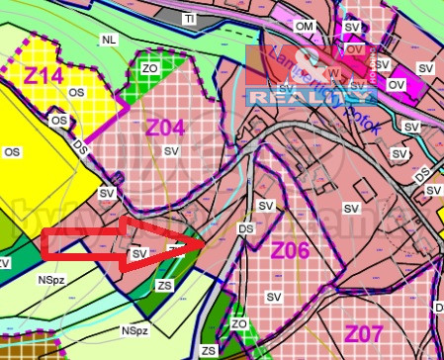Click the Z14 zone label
[x=44, y=75]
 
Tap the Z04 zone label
[x=165, y=126]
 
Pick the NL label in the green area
[x=108, y=39]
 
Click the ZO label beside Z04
[x=150, y=67]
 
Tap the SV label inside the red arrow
[x=138, y=254]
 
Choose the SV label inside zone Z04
[x=171, y=150]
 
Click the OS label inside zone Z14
[x=77, y=92]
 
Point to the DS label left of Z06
[x=246, y=227]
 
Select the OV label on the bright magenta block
[x=398, y=85]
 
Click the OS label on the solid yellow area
[x=12, y=152]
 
